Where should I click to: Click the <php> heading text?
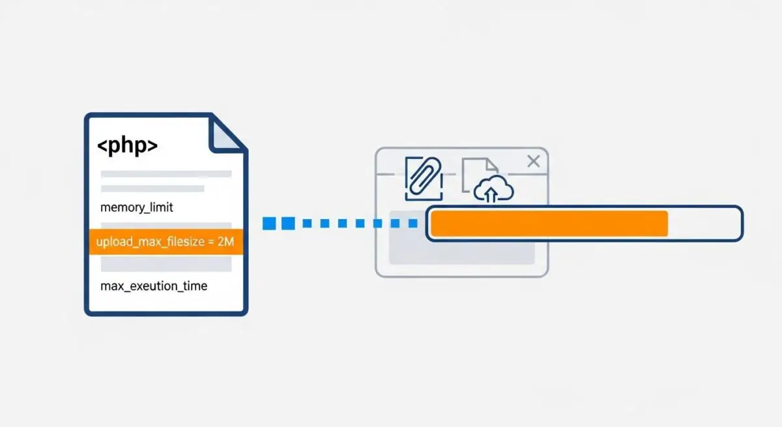[x=128, y=145]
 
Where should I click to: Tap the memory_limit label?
[x=136, y=207]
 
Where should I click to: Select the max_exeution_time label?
[x=154, y=286]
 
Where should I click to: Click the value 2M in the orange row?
[x=225, y=241]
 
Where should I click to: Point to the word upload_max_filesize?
[x=151, y=242]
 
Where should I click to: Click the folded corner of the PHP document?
[x=226, y=135]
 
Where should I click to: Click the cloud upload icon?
[x=493, y=189]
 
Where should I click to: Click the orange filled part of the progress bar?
[x=549, y=224]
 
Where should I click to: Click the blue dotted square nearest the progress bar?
[x=413, y=223]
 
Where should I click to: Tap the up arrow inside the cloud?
[x=491, y=195]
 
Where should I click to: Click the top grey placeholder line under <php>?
[x=166, y=174]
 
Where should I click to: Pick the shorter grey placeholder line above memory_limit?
[x=152, y=188]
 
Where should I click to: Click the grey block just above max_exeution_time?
[x=166, y=263]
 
